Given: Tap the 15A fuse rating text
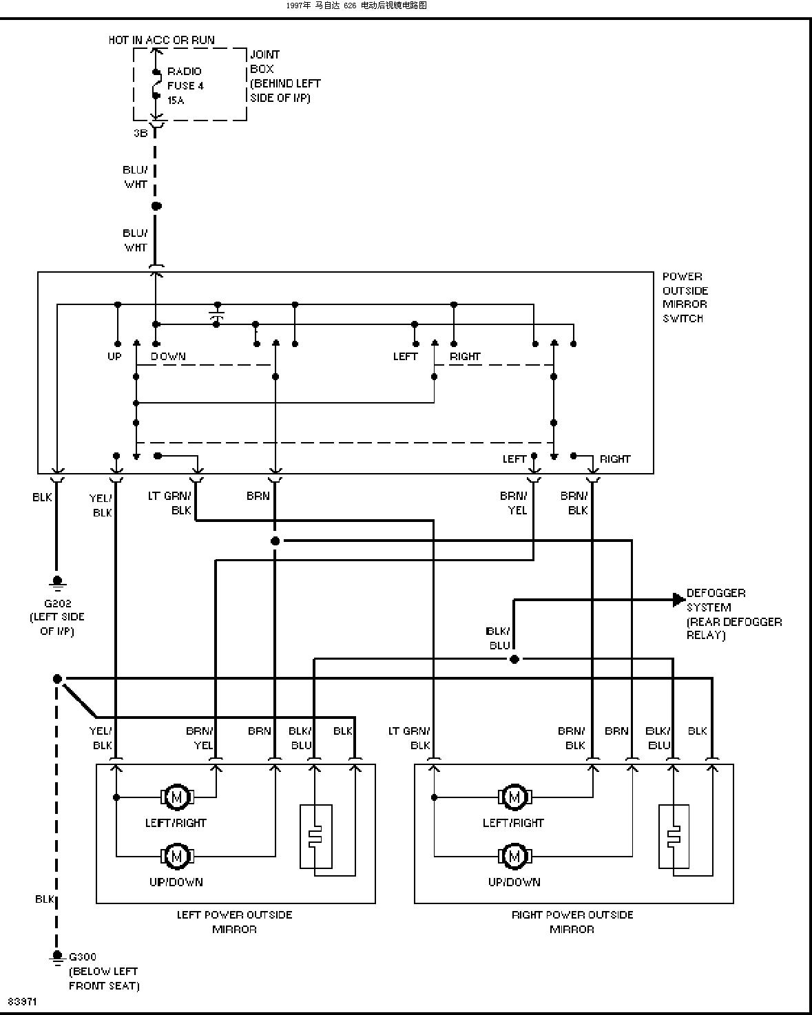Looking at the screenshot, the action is point(176,100).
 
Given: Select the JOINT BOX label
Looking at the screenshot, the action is point(264,61).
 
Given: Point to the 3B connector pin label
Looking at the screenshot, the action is point(140,133).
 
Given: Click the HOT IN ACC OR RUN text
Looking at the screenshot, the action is point(161,40).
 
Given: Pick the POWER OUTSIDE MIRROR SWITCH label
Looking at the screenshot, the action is point(685,297).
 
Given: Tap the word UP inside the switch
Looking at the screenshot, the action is point(114,357).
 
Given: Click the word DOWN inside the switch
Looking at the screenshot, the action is point(168,357).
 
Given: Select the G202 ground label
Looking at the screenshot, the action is point(58,603).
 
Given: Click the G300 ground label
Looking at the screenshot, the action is point(83,956).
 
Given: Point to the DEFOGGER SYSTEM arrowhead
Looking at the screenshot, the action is point(679,600).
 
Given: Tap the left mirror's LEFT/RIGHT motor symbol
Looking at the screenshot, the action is point(177,797).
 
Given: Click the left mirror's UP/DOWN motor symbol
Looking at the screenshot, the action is point(177,855).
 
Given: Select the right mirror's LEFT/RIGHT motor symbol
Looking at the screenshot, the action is point(514,797).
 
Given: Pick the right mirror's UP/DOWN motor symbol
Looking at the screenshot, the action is point(514,855).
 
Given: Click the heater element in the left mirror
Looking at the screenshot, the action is point(316,837).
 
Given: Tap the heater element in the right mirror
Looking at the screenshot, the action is point(674,837).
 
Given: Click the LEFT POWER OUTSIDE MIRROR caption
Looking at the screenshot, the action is point(234,922).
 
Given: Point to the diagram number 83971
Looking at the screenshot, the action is point(22,1001).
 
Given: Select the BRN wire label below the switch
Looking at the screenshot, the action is point(258,496).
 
